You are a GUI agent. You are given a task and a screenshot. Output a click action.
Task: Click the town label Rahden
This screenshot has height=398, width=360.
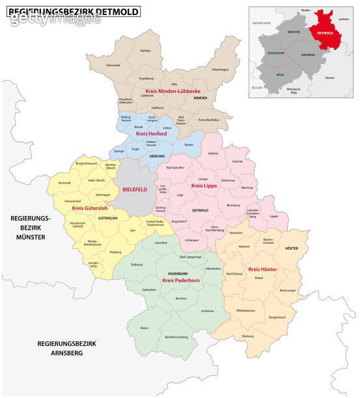tap(146, 51)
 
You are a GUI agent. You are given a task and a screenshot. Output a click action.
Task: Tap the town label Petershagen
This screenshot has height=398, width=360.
tap(221, 69)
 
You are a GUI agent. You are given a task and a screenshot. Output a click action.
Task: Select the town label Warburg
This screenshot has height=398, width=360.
tap(247, 336)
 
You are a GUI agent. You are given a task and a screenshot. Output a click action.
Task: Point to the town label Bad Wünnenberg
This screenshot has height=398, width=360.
tap(176, 338)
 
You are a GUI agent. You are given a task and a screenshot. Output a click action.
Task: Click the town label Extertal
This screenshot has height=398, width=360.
tap(237, 161)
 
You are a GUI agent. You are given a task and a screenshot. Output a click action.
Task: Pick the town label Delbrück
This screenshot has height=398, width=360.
tap(137, 264)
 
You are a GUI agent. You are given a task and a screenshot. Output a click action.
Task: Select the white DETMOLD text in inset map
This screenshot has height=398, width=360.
tap(326, 32)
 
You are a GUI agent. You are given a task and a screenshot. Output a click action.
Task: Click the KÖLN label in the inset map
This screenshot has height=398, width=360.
tap(281, 75)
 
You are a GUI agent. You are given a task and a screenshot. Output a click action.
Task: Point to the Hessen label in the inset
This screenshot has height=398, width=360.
tap(329, 77)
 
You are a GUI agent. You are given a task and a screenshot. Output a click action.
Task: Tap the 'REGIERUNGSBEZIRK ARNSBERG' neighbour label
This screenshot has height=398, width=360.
tap(59, 348)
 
